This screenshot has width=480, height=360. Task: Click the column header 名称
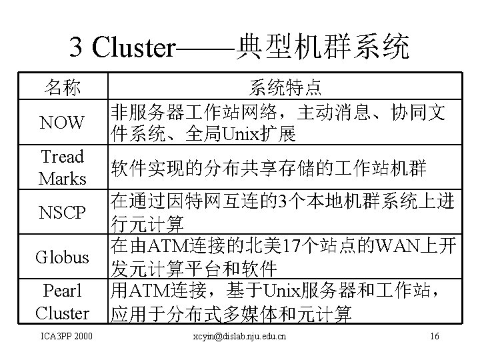[x=63, y=87]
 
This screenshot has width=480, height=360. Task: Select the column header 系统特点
[x=285, y=87]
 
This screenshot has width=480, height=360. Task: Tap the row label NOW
[x=62, y=123]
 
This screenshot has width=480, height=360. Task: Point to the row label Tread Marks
[x=62, y=168]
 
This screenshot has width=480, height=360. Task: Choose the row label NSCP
[x=63, y=213]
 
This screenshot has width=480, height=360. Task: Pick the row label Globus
[x=63, y=257]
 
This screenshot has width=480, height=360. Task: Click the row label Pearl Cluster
[x=62, y=301]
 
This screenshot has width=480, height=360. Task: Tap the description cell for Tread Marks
[x=268, y=167]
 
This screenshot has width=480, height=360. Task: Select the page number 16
[x=435, y=337]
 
